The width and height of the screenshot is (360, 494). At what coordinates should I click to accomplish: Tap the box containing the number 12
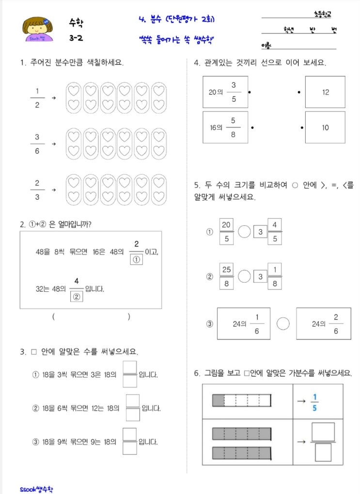point(325,92)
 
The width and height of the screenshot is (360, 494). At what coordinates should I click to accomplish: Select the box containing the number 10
point(325,127)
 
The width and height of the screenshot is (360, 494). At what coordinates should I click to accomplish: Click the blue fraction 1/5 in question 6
point(314,402)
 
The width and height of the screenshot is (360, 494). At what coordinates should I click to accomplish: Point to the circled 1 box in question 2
point(136,259)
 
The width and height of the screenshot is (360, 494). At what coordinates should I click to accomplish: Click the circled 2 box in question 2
point(76,296)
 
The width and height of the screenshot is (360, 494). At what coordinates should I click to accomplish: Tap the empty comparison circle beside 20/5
point(244,232)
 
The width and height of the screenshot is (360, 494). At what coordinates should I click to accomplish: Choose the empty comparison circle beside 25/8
point(244,276)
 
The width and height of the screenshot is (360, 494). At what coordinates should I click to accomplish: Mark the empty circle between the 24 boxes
point(282,324)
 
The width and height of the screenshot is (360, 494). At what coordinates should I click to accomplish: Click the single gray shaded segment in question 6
point(218,400)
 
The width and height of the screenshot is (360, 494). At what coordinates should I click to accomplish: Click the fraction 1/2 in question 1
point(37,97)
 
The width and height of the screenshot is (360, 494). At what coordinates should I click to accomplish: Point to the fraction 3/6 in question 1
point(37,143)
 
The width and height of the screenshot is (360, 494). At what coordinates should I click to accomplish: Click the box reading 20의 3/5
point(225,92)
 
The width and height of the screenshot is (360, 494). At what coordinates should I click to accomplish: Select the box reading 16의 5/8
point(225,127)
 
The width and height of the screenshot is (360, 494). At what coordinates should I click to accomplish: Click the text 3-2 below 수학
point(75,37)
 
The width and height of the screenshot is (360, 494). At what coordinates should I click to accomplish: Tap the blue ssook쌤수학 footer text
point(37,488)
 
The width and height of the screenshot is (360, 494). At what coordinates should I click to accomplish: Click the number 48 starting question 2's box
point(41,252)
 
